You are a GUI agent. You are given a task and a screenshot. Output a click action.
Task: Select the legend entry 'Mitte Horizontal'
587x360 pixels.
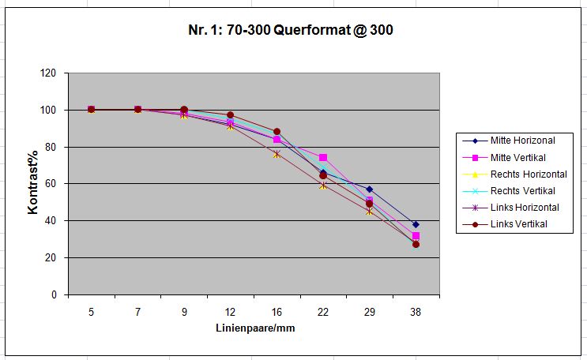522,141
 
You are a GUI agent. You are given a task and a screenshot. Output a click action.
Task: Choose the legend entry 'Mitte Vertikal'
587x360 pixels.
518,157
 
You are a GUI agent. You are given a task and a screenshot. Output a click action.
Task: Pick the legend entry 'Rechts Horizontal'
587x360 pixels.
528,174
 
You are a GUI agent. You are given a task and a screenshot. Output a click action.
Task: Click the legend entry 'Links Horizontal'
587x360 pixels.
525,208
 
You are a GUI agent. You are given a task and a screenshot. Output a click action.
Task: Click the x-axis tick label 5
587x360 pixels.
92,312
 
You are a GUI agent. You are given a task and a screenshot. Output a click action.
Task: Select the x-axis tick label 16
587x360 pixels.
277,312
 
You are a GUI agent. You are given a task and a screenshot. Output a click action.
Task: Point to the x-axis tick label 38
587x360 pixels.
416,312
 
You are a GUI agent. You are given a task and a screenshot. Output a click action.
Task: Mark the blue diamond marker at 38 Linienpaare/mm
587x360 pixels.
416,224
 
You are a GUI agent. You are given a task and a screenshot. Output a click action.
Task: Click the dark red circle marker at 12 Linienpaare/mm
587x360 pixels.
231,115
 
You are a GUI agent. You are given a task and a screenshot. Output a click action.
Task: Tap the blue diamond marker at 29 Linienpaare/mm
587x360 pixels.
370,189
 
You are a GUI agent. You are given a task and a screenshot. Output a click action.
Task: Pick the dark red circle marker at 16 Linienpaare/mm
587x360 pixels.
277,132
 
